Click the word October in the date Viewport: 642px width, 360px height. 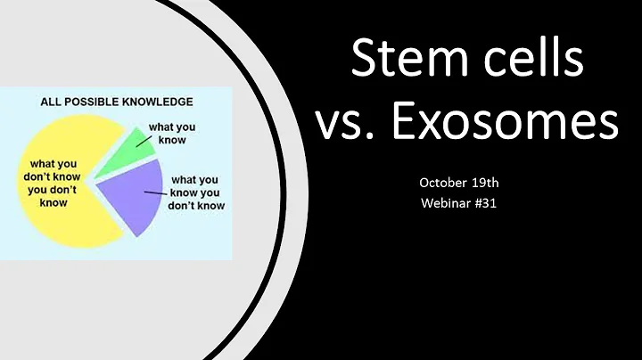click(x=442, y=183)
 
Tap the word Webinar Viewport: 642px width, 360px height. click(x=448, y=202)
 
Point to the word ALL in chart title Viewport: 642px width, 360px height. click(x=53, y=101)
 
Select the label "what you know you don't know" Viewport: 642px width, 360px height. click(x=198, y=192)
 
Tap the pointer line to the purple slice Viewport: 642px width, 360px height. click(x=157, y=191)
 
